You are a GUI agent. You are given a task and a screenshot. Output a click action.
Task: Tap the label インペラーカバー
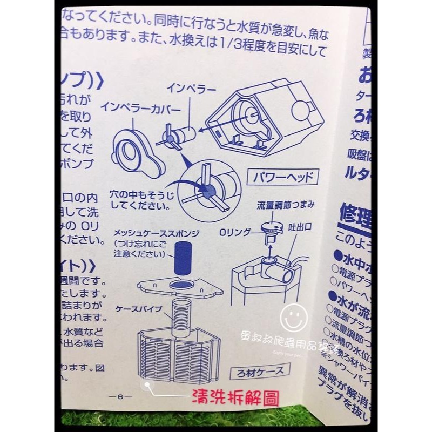[140, 107]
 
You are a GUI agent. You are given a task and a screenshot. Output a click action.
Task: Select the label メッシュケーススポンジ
[157, 233]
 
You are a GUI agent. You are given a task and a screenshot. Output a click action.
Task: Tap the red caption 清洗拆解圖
[236, 399]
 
